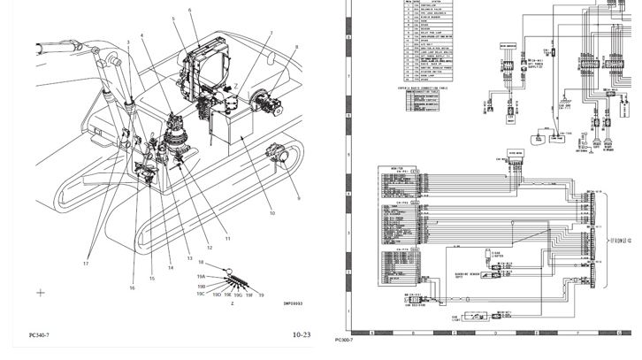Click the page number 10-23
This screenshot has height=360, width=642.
(x=302, y=335)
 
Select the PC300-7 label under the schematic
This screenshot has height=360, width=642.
(x=344, y=340)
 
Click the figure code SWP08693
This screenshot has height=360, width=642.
(x=294, y=303)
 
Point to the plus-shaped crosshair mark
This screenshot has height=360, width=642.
(x=40, y=292)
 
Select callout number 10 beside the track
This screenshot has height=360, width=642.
(x=271, y=214)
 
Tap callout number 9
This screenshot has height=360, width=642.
(x=298, y=199)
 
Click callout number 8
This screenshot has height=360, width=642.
(x=296, y=47)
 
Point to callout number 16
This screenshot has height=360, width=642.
(x=132, y=287)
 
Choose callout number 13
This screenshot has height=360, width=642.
(x=188, y=258)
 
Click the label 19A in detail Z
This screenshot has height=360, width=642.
(x=201, y=276)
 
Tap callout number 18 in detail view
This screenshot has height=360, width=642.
(x=201, y=263)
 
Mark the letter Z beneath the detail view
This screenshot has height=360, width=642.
(x=231, y=302)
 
